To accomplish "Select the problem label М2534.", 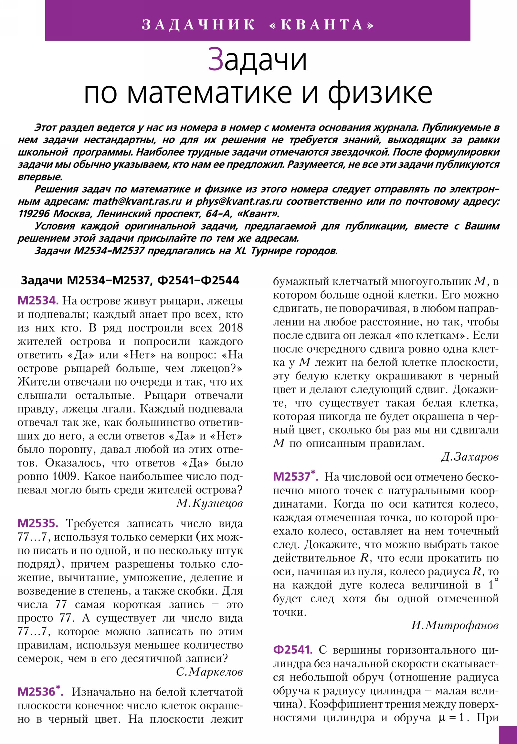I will [38, 301].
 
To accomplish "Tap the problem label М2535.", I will [38, 523].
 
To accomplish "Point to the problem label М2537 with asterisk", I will [296, 476].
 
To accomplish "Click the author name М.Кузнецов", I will [209, 503].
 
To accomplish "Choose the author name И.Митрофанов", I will [455, 625].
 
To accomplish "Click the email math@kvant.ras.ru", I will [137, 202].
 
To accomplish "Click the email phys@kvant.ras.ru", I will [239, 202].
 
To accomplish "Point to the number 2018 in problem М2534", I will [230, 328].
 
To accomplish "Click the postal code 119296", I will [34, 214].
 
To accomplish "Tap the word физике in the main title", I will [380, 93].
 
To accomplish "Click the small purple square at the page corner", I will [508, 735].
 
